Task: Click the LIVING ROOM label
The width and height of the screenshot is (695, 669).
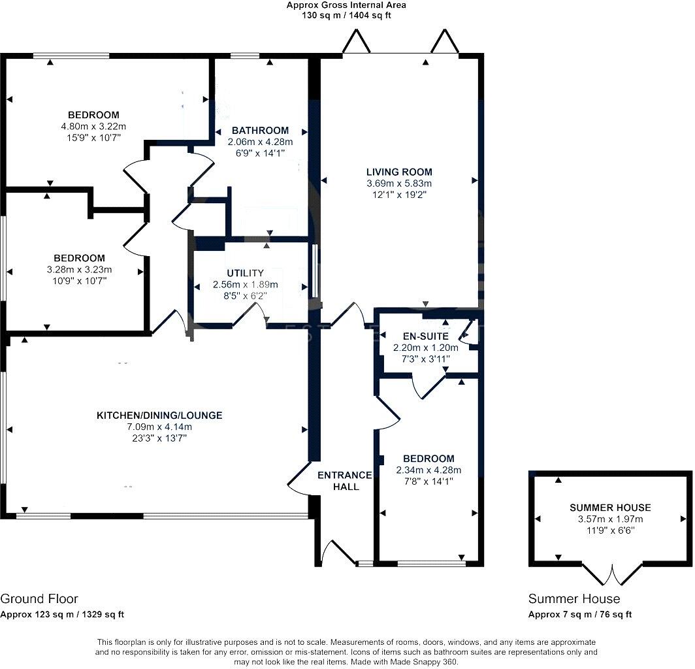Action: (x=399, y=172)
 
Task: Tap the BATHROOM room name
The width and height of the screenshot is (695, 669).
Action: (x=260, y=131)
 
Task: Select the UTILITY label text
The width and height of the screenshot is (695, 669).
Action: (x=245, y=273)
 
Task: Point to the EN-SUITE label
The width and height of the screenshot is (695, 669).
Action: (x=425, y=336)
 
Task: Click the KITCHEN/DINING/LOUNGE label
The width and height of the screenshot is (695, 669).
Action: (x=159, y=416)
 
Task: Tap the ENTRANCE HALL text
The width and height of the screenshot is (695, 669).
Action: (x=345, y=481)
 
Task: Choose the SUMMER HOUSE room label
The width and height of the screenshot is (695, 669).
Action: (x=610, y=508)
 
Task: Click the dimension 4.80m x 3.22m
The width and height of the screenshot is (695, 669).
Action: (x=93, y=127)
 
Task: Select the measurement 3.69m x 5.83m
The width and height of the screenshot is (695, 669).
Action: (x=399, y=184)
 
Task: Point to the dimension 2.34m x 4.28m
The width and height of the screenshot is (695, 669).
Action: (x=428, y=470)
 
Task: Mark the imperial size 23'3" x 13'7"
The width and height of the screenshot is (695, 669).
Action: (x=159, y=438)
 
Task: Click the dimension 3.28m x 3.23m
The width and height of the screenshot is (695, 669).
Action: (x=79, y=270)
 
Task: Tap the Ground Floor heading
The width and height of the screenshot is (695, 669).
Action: (x=39, y=599)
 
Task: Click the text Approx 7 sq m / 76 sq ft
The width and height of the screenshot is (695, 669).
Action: (x=580, y=615)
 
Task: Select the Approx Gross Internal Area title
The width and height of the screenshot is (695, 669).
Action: (x=346, y=5)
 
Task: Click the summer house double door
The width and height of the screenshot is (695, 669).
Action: (x=611, y=574)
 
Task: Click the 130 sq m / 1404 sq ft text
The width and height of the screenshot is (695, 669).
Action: (x=346, y=16)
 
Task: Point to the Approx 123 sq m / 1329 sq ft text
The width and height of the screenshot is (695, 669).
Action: (x=62, y=615)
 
